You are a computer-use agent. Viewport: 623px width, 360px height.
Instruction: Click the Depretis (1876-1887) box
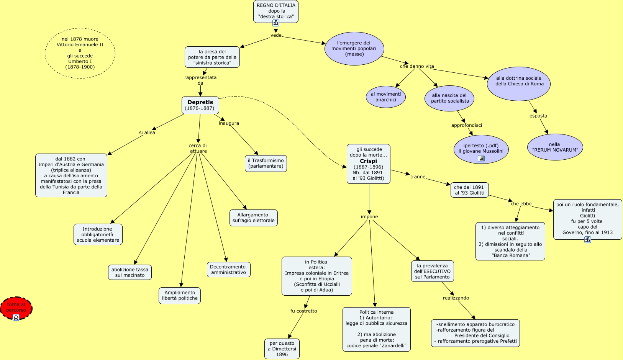200,105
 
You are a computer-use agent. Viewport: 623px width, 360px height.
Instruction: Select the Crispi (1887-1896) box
368,164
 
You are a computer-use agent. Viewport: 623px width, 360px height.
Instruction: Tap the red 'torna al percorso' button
16,308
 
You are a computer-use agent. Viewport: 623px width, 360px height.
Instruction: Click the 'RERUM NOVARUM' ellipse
555,147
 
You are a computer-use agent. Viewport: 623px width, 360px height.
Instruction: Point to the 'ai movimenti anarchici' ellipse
385,97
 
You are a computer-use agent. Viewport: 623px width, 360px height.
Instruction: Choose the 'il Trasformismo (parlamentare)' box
266,164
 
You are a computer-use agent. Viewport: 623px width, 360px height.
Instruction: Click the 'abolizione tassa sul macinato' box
130,272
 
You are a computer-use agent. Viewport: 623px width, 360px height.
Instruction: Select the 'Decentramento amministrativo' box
228,270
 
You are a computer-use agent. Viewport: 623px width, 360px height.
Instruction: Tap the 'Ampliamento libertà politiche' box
180,296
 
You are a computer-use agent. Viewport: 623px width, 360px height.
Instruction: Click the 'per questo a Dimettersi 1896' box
282,349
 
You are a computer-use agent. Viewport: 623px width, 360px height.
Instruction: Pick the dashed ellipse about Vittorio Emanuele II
80,53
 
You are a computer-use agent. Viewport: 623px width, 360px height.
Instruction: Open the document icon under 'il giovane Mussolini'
481,159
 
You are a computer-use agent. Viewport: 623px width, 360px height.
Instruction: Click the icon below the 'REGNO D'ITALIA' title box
276,23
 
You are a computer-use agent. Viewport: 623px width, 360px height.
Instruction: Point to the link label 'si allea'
147,133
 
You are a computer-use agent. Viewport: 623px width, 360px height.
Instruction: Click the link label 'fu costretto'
303,311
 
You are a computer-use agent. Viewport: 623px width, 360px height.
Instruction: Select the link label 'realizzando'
456,298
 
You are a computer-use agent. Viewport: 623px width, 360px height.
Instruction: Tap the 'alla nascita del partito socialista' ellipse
450,98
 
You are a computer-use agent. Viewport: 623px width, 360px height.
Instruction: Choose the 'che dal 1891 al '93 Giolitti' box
469,190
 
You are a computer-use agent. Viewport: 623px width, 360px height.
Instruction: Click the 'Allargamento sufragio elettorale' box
253,218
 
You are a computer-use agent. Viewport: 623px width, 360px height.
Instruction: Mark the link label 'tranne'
418,177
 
